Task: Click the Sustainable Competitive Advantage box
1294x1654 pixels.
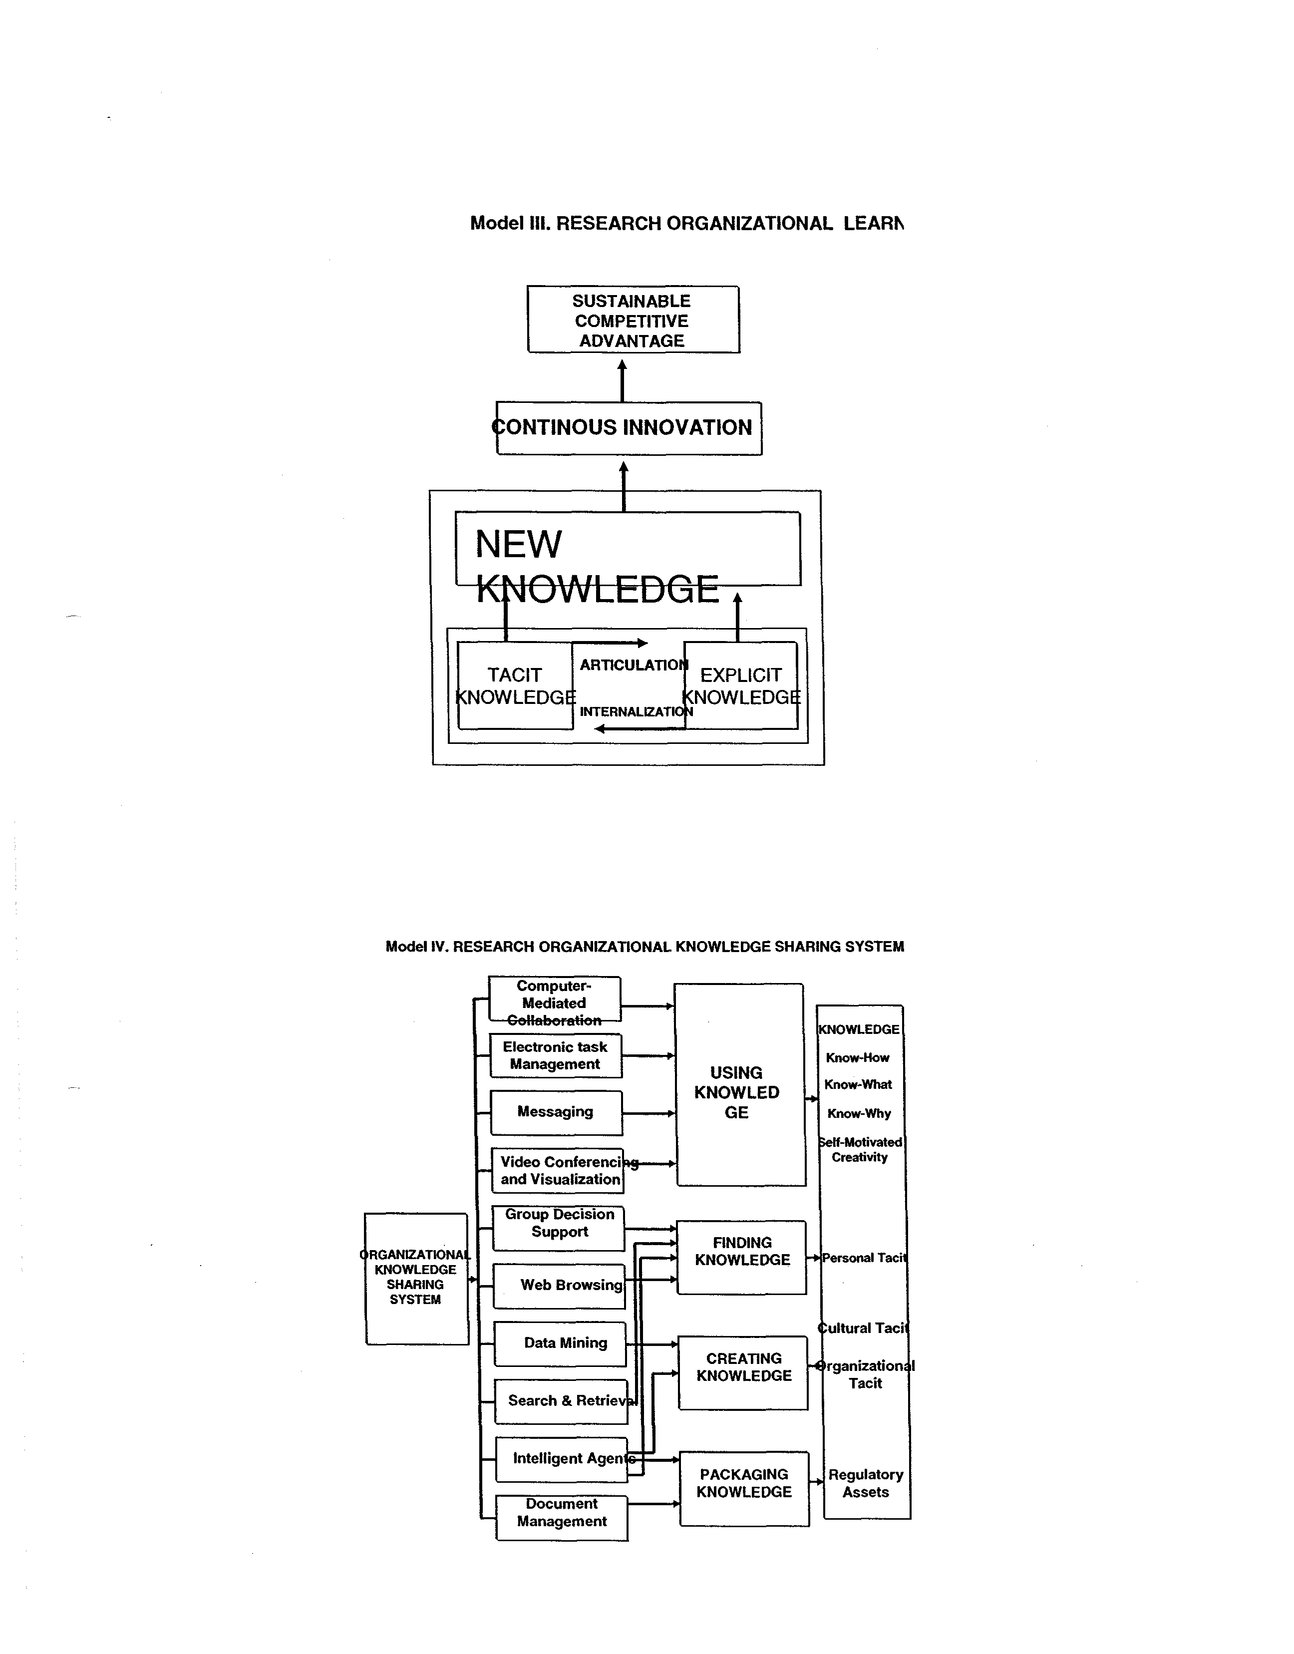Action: (x=633, y=320)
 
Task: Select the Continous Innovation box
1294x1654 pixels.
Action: (x=629, y=428)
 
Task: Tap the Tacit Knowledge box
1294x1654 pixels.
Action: (x=515, y=685)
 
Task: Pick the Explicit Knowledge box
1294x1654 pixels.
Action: (x=740, y=685)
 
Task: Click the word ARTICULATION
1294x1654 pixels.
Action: (x=634, y=665)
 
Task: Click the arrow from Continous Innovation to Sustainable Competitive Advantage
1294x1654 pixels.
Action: (x=622, y=380)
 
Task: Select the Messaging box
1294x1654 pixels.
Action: (x=556, y=1112)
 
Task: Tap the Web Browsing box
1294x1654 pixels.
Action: (x=559, y=1286)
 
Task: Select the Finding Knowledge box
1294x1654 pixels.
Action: (x=742, y=1257)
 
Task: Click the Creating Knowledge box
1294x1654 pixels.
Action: (x=743, y=1373)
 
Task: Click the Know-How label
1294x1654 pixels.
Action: (x=858, y=1058)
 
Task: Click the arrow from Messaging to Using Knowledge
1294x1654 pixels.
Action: (x=648, y=1113)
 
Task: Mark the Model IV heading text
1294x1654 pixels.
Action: (x=645, y=947)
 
